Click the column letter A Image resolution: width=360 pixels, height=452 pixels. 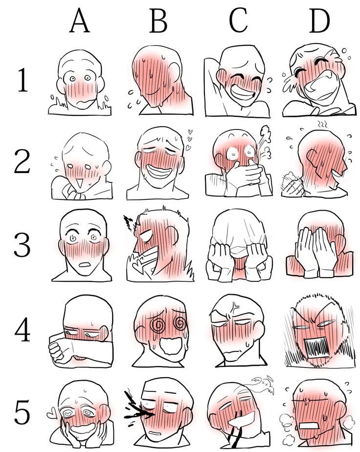click(x=79, y=20)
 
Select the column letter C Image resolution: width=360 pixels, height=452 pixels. click(x=238, y=20)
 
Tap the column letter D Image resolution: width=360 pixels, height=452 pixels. click(x=319, y=20)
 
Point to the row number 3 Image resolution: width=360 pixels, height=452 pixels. click(x=22, y=245)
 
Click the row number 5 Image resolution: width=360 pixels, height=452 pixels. click(x=22, y=411)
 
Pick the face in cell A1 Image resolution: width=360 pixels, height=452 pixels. click(x=80, y=81)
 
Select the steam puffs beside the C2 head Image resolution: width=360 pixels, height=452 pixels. click(x=265, y=143)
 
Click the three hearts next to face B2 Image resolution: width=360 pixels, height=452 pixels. click(x=189, y=139)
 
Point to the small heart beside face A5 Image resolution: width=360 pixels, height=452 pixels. click(x=52, y=414)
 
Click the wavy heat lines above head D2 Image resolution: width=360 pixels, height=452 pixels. click(x=322, y=125)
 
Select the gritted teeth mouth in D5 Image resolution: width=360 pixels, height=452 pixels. click(x=309, y=426)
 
